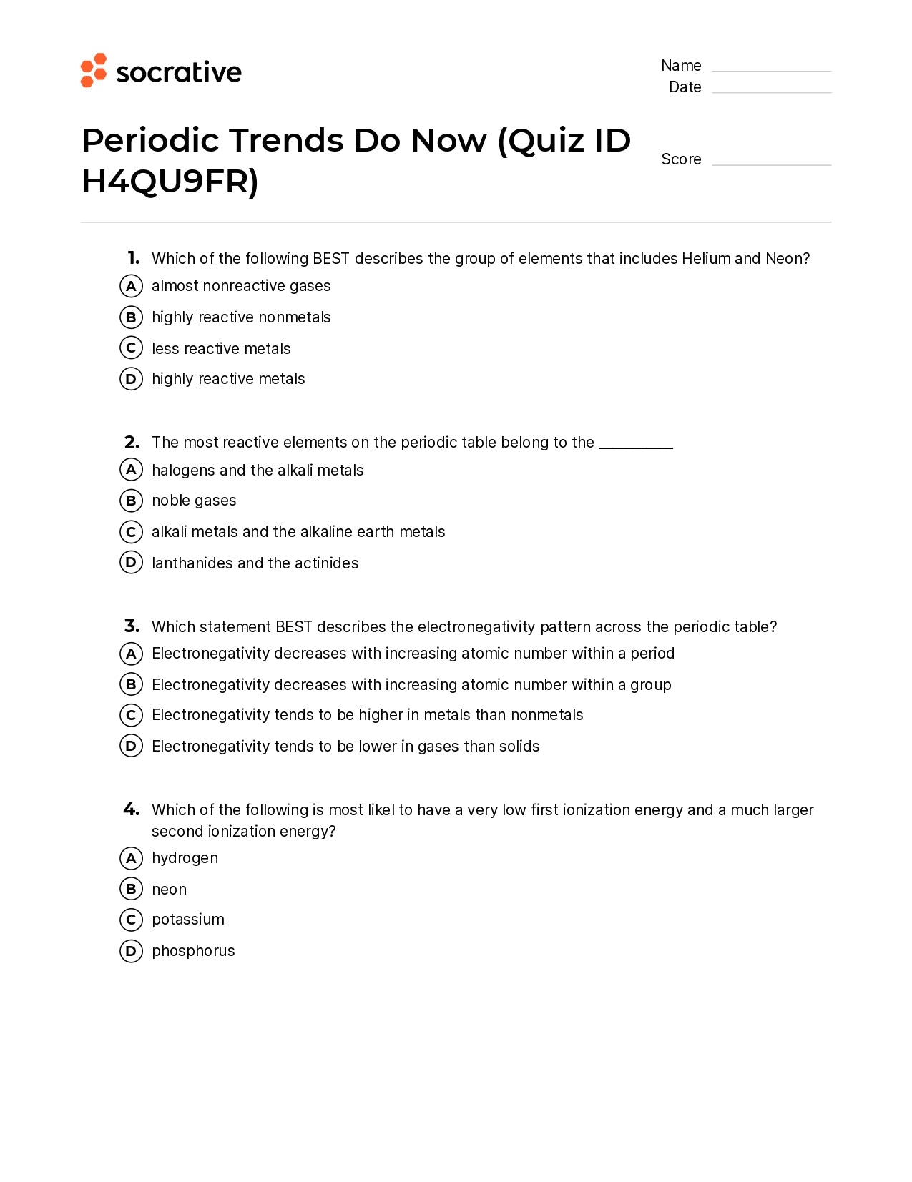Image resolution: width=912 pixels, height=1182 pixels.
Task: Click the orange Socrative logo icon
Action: point(93,70)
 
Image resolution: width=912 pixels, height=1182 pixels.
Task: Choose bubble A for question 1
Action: point(131,286)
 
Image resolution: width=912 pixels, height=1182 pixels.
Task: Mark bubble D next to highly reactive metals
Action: point(131,379)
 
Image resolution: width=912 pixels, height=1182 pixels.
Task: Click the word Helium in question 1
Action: point(706,259)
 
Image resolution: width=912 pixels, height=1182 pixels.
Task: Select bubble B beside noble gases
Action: point(131,501)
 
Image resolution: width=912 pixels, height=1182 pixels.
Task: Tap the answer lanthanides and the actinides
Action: point(255,563)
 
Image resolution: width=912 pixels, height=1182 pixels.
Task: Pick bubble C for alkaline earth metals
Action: point(131,532)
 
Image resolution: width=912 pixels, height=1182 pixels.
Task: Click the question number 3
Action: point(132,626)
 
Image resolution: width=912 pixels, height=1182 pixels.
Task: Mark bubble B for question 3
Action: point(131,684)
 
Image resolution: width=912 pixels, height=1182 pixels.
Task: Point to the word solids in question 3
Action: point(519,747)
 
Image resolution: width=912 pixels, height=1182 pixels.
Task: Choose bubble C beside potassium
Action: point(131,920)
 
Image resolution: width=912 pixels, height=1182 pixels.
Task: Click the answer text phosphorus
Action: point(193,951)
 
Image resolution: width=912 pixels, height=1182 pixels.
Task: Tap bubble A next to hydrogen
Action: point(131,858)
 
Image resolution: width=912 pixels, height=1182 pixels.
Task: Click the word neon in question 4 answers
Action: point(169,890)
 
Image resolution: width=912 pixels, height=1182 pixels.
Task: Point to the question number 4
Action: point(132,809)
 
